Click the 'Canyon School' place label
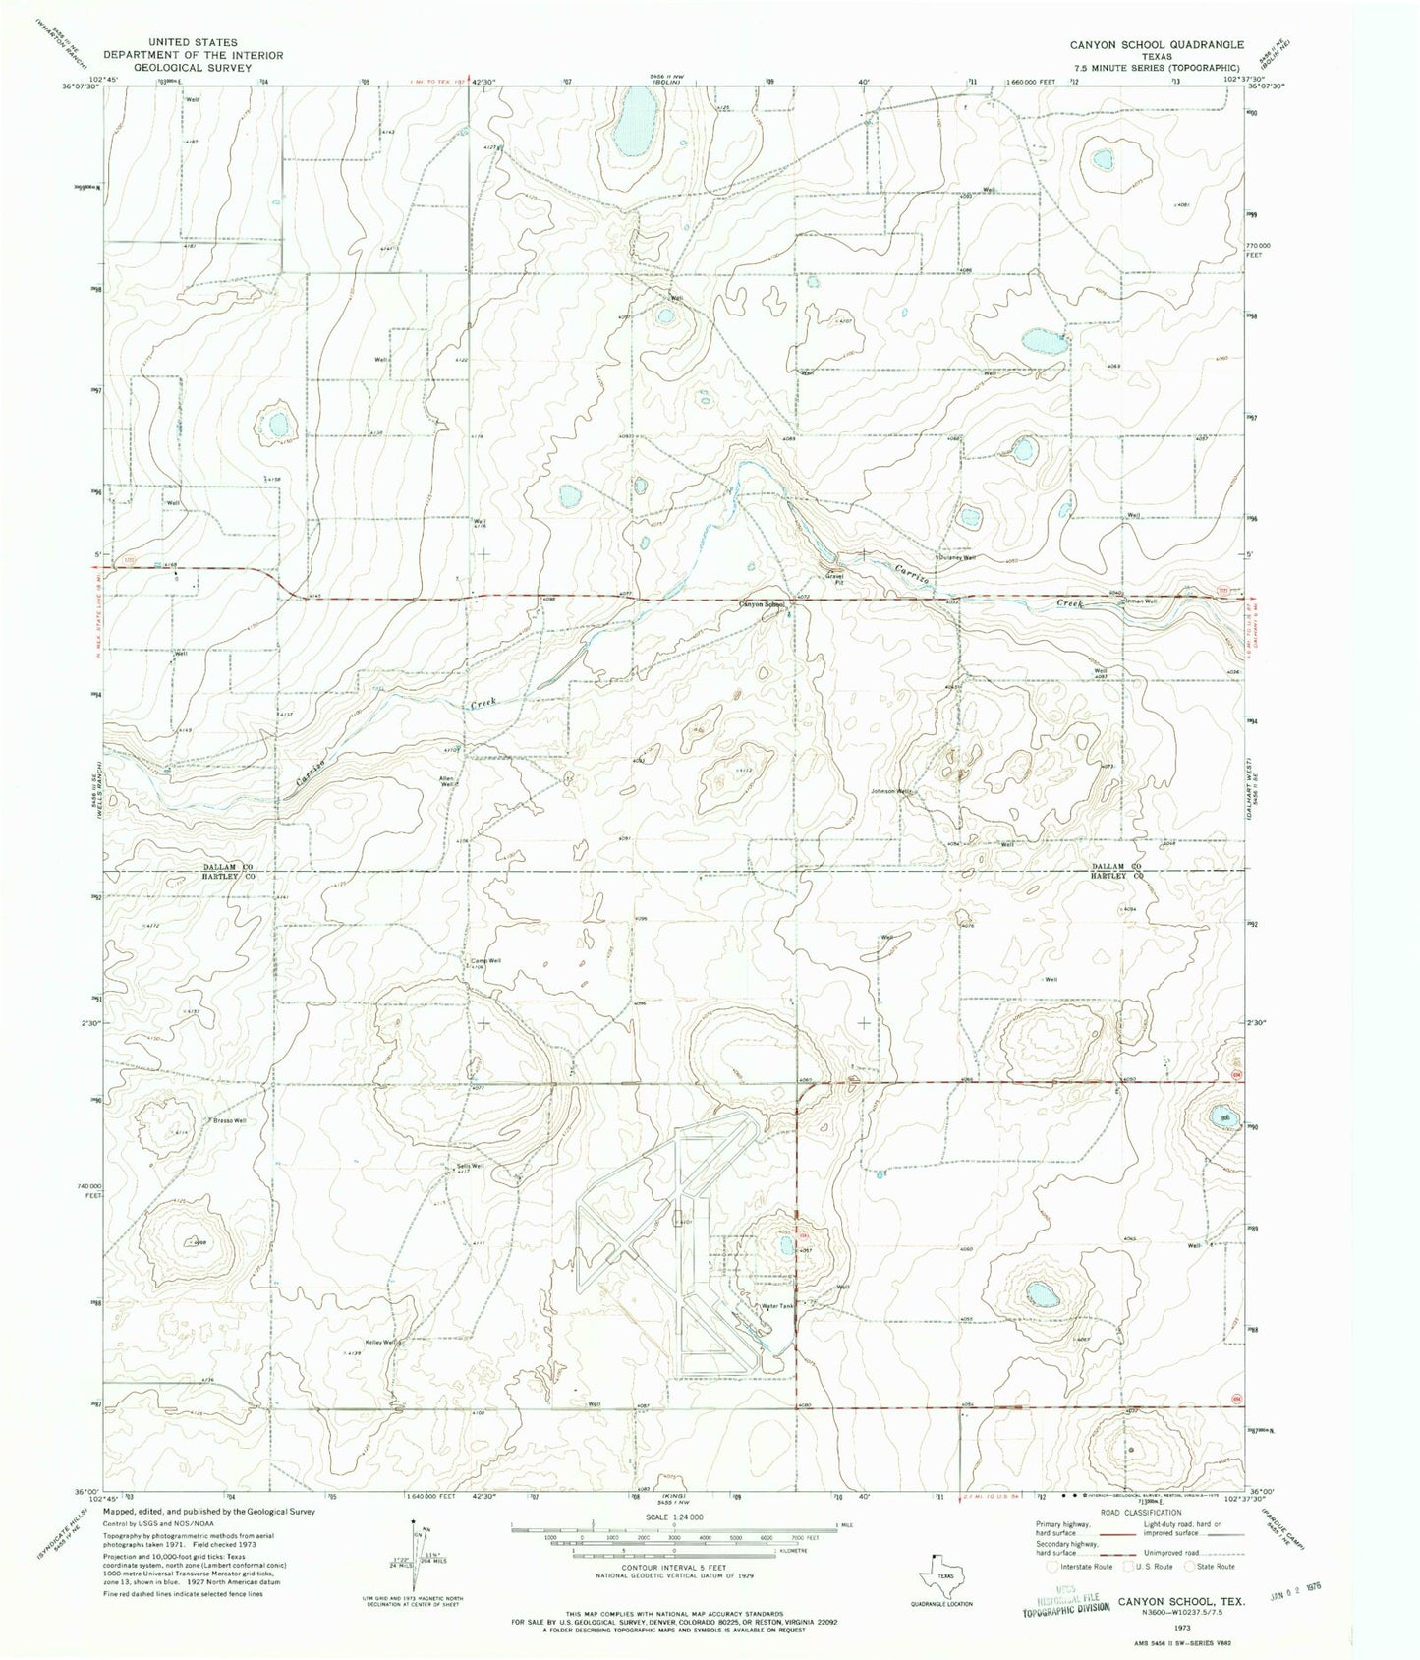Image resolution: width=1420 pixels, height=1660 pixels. (762, 605)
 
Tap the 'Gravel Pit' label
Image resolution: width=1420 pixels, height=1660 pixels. (834, 581)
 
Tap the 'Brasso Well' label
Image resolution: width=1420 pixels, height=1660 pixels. (226, 1120)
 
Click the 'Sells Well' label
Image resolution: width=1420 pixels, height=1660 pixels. (471, 1167)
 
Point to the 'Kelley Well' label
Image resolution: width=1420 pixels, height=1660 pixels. (382, 1343)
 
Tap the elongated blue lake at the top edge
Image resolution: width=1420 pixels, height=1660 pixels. (635, 123)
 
